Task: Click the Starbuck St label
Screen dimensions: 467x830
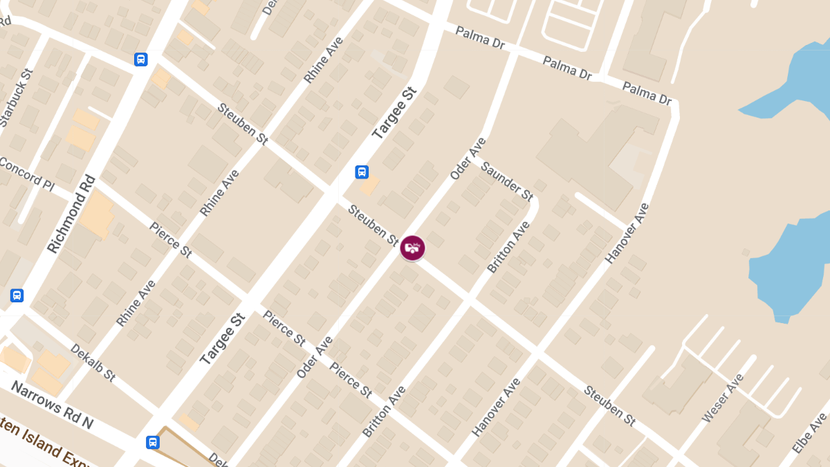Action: pos(16,98)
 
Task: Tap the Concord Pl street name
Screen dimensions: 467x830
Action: pos(26,173)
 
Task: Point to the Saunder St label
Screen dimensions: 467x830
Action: pos(507,181)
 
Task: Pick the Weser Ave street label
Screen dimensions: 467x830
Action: pos(723,399)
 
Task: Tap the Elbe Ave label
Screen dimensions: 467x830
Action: pos(809,433)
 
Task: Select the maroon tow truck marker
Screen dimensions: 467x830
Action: pos(412,248)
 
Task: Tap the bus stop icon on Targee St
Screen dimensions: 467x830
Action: pos(362,172)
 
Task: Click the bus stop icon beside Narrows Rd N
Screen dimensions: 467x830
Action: pos(153,442)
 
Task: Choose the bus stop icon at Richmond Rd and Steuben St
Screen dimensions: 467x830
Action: pos(141,59)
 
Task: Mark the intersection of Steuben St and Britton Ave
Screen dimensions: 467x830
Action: pos(470,302)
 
